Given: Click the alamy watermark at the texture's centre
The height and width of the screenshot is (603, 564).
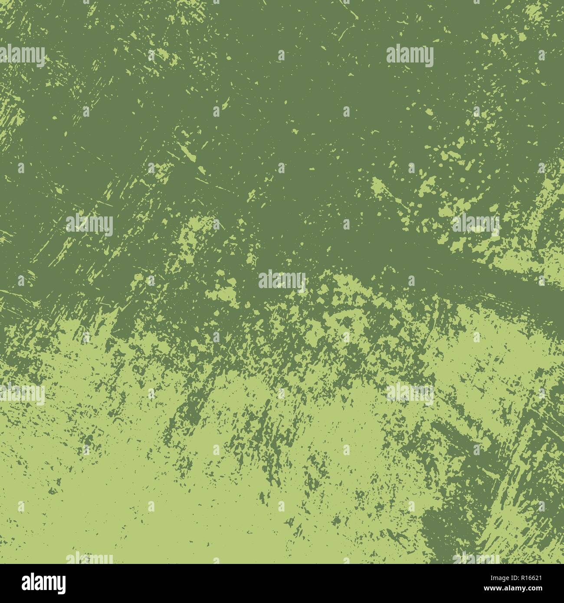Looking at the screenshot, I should (282, 280).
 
